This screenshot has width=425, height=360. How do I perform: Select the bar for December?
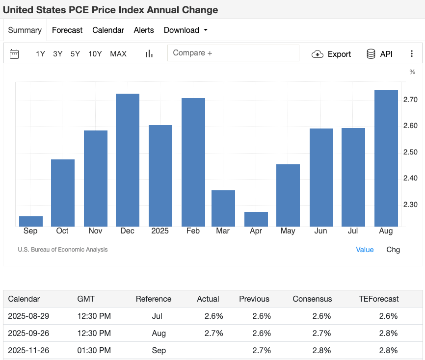coord(128,160)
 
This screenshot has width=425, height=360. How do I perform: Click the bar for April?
coord(256,219)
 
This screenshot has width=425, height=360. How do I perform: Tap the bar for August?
coord(386,158)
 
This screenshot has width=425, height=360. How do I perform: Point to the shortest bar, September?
coord(31,221)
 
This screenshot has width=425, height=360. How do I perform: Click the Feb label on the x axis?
coord(193,231)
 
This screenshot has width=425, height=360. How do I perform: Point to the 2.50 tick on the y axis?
coord(410,152)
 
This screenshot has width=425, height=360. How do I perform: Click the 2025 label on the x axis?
coord(160,231)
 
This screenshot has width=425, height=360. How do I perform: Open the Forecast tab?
coord(67,30)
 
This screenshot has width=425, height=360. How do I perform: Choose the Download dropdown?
coord(186,30)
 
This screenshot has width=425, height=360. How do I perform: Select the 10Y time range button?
coord(95,54)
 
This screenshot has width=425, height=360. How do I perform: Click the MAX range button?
coord(118,54)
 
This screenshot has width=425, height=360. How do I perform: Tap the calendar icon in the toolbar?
coord(14,54)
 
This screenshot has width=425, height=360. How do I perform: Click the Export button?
coord(332,54)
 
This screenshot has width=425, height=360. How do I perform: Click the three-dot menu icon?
coord(412,54)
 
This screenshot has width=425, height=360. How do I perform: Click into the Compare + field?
coord(233,53)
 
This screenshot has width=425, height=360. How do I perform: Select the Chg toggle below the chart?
coord(393,250)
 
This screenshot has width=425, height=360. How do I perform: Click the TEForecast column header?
coord(379,299)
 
